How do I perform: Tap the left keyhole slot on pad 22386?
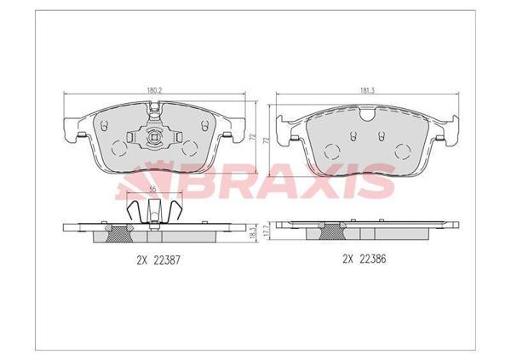pos(350,134)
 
